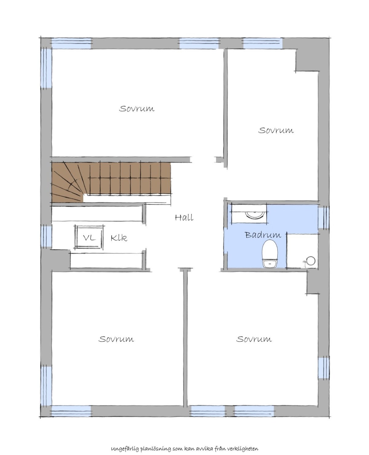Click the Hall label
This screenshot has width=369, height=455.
[184, 218]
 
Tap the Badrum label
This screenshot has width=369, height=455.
[263, 235]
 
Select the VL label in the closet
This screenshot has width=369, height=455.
[89, 238]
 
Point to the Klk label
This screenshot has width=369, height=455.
[119, 238]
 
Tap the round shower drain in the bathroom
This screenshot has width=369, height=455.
[311, 261]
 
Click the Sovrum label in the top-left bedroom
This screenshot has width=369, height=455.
[137, 109]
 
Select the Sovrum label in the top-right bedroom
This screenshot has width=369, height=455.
[276, 130]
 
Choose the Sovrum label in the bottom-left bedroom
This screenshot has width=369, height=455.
[116, 339]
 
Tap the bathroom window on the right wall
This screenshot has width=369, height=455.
[323, 218]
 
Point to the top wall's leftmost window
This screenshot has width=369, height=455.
[71, 43]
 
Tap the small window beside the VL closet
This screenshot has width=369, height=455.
[46, 236]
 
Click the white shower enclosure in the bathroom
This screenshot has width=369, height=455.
[302, 251]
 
